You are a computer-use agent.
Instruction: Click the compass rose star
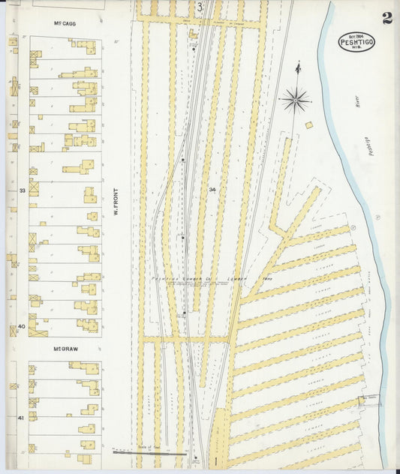tap(296, 99)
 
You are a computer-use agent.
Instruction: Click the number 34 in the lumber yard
tap(213, 189)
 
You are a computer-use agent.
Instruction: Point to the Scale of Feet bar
tap(149, 452)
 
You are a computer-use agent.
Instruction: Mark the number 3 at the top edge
tap(200, 8)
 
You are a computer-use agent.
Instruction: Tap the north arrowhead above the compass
tap(298, 69)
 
